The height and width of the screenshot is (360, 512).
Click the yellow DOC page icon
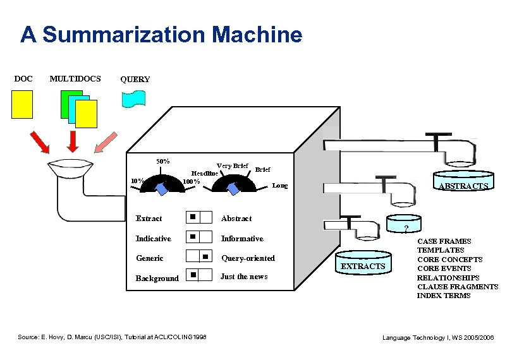click(x=22, y=104)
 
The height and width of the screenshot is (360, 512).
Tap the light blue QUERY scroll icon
click(x=133, y=100)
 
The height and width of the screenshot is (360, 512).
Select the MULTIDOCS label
click(x=75, y=78)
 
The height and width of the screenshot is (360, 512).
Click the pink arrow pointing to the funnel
click(x=107, y=142)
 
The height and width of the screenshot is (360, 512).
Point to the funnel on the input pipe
click(x=70, y=169)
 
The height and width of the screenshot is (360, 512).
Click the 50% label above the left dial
click(x=162, y=161)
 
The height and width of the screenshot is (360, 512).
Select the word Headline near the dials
click(x=205, y=173)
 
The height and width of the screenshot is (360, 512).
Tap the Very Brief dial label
click(x=232, y=166)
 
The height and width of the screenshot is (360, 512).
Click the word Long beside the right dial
click(x=280, y=186)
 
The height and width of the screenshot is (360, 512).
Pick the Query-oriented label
click(x=248, y=258)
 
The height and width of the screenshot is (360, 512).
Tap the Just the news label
click(x=244, y=277)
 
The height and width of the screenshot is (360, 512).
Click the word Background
click(x=157, y=279)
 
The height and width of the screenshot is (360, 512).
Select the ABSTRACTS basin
click(x=463, y=183)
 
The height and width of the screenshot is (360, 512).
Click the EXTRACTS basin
click(x=363, y=263)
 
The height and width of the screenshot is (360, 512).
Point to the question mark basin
click(x=406, y=226)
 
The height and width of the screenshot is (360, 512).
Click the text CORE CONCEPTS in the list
click(x=449, y=259)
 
